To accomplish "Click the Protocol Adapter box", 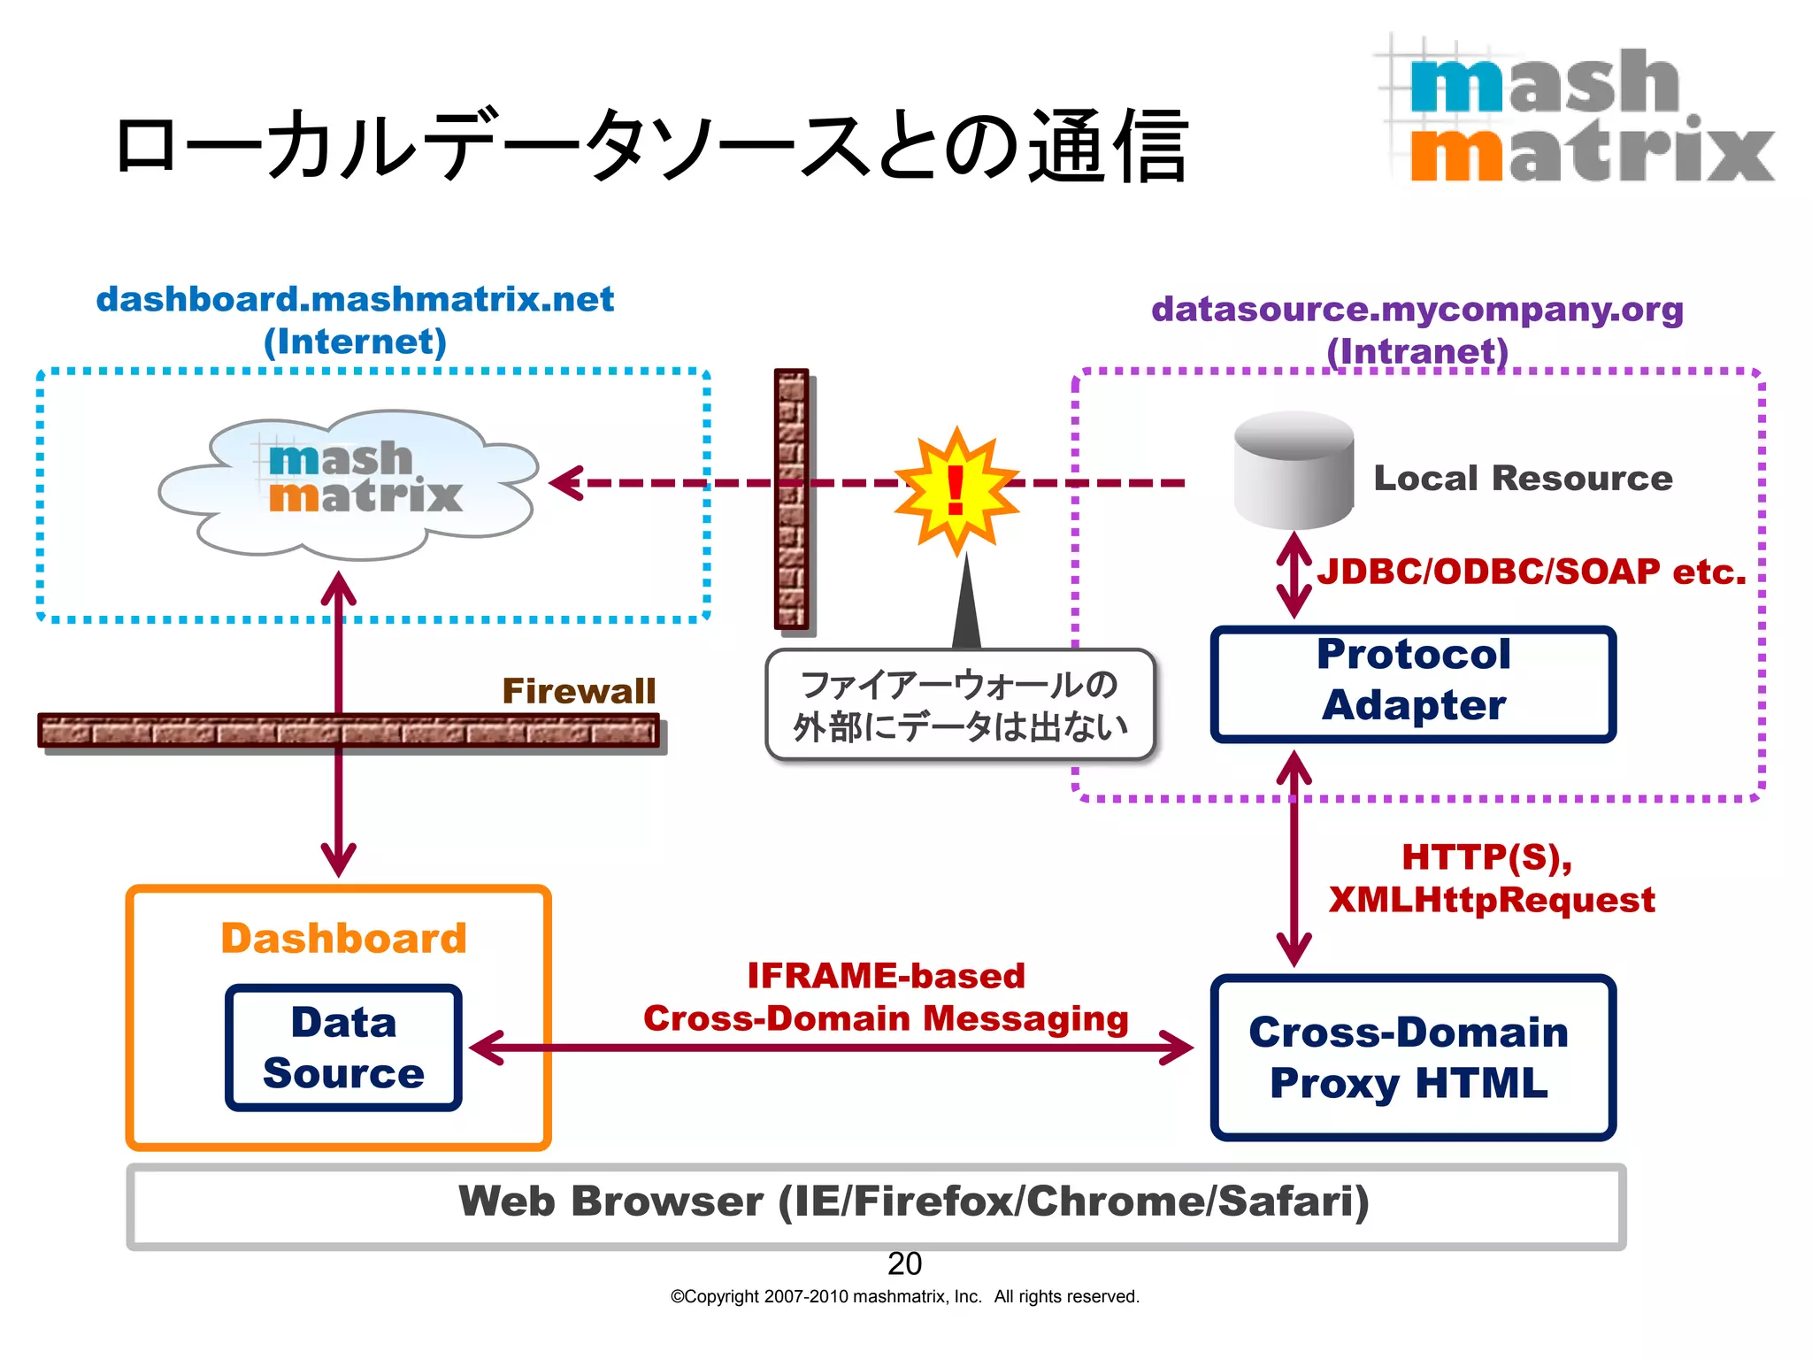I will (1412, 684).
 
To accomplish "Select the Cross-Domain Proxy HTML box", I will (1412, 1057).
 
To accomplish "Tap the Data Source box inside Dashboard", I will (343, 1048).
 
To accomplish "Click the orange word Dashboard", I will (343, 938).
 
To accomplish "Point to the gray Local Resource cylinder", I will (1293, 470).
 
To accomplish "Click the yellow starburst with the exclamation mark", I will (956, 489).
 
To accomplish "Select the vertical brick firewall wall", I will (791, 499).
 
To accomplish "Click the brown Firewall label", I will (579, 691).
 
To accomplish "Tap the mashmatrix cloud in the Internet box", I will (349, 484).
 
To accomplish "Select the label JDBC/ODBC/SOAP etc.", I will (1531, 572).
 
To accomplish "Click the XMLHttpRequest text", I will (1492, 900).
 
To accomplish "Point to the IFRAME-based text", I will (886, 976).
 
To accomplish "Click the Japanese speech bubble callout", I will (960, 705).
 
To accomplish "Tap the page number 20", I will (904, 1263).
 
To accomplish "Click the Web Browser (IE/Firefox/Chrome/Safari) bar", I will (876, 1204).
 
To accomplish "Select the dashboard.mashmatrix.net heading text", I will (355, 299).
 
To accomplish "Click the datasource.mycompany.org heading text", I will (1417, 310).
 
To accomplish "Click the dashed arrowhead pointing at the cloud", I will (566, 483).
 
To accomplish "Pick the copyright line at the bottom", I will (904, 1297).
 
